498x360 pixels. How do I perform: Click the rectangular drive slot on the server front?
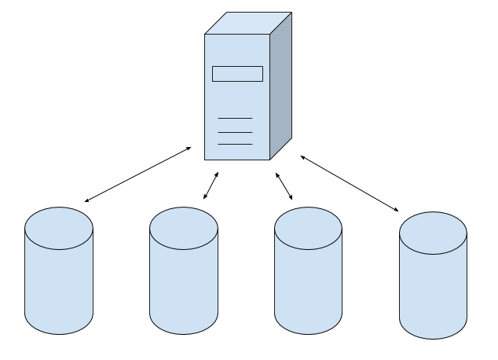pyautogui.click(x=237, y=74)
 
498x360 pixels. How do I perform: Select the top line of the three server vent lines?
pyautogui.click(x=235, y=118)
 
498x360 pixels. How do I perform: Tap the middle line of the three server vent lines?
pyautogui.click(x=235, y=131)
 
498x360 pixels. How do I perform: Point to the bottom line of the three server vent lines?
pyautogui.click(x=235, y=144)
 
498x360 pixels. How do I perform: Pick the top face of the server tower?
pyautogui.click(x=247, y=23)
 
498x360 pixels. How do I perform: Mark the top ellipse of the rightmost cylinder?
pyautogui.click(x=433, y=233)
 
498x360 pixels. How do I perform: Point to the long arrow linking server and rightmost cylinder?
pyautogui.click(x=350, y=184)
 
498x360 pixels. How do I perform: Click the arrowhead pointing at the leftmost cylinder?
pyautogui.click(x=86, y=200)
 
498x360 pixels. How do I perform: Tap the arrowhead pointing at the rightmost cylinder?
pyautogui.click(x=396, y=209)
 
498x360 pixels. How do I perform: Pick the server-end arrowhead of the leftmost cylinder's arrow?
pyautogui.click(x=189, y=148)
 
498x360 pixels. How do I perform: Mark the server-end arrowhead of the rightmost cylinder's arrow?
pyautogui.click(x=303, y=158)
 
